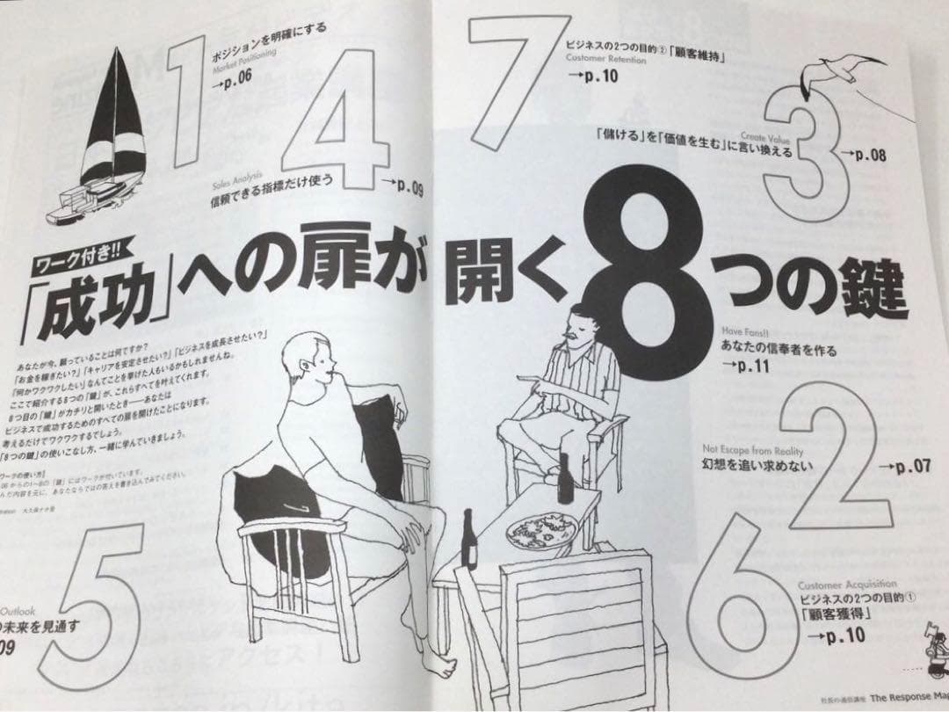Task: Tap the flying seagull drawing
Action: (x=841, y=73)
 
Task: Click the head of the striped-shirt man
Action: (x=580, y=323)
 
